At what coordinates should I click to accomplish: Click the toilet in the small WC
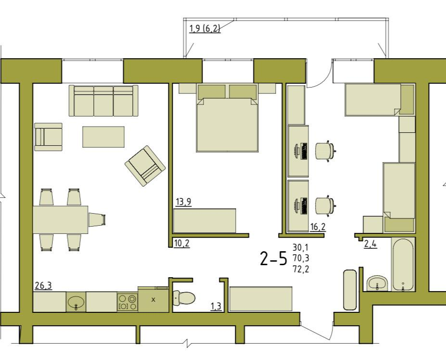(184, 298)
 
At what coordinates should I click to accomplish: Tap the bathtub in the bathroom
(403, 264)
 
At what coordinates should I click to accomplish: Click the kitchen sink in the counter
(76, 302)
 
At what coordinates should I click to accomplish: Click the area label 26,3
(43, 285)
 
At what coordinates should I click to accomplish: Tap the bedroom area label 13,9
(183, 202)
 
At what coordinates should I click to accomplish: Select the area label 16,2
(318, 227)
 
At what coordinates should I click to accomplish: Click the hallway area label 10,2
(181, 244)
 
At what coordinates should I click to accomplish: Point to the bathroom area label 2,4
(370, 244)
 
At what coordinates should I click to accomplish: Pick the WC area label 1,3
(216, 307)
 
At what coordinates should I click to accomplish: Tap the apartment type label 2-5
(273, 258)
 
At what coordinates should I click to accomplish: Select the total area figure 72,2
(301, 269)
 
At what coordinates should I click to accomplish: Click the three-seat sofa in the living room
(103, 101)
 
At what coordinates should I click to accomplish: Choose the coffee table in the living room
(103, 137)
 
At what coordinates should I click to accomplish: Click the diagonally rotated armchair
(145, 166)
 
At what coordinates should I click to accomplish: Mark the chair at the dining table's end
(97, 219)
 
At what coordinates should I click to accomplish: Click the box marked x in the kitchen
(153, 299)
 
